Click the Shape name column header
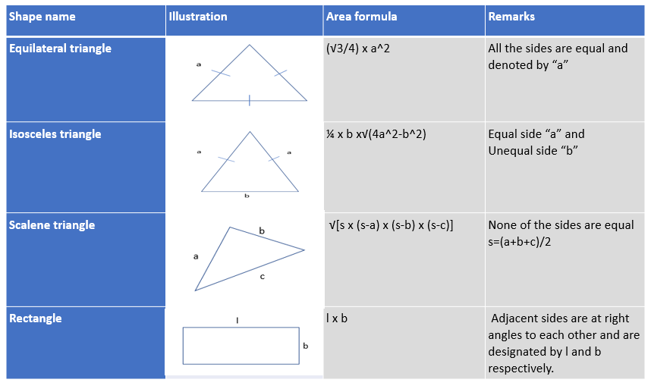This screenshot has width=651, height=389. tap(42, 17)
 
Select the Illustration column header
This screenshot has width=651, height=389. tap(197, 17)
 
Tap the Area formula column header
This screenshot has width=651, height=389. tap(361, 17)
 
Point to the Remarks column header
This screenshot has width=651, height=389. tap(511, 17)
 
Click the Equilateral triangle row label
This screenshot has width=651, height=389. tap(60, 49)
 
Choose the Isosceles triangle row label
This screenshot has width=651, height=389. tap(55, 134)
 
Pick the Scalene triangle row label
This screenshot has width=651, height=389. tap(52, 225)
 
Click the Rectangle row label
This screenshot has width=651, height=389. tap(36, 318)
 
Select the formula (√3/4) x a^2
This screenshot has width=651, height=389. tap(358, 49)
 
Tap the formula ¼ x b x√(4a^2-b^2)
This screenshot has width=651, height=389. tap(376, 134)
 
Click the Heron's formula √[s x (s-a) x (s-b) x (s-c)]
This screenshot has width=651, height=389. tap(391, 225)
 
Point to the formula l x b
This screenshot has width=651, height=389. tap(337, 318)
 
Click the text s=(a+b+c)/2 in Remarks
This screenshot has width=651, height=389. tap(520, 242)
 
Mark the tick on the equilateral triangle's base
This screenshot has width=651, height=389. tap(249, 100)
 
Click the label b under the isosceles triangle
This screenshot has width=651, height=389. tap(247, 196)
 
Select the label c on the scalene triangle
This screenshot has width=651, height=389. tap(262, 277)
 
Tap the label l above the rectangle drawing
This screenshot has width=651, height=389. tap(237, 320)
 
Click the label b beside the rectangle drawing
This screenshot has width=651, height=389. tap(306, 346)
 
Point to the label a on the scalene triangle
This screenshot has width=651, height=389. tap(196, 257)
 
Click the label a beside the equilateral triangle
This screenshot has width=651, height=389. tap(199, 64)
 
